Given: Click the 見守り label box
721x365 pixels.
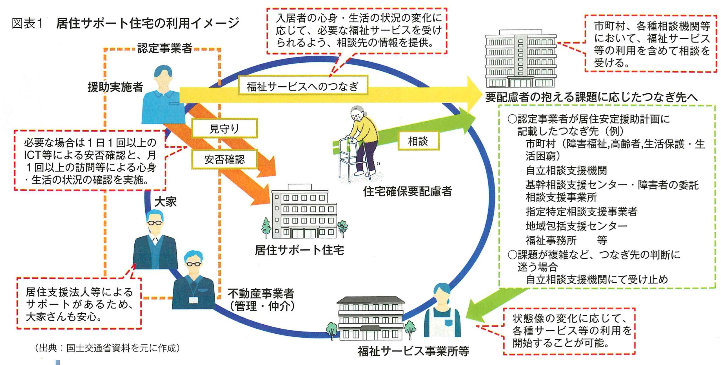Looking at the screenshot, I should pos(224,129).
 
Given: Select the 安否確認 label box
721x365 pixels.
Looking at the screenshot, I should pos(224,159).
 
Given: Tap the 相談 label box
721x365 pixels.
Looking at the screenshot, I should pos(418,141).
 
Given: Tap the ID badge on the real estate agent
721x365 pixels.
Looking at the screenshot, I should pos(193,300).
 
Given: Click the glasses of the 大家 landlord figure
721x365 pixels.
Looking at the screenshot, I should pos(155,223).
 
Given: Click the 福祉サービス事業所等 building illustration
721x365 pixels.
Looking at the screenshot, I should pos(371,319).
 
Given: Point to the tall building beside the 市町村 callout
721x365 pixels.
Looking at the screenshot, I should pos(520,59).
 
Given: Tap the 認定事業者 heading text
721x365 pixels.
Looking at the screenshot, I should pos(165,49).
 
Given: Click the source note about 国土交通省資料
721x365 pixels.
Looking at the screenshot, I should pos(107,348).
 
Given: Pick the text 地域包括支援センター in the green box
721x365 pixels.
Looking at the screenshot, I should pos(576,226).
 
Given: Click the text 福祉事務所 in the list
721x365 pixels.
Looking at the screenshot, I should pos(551,240).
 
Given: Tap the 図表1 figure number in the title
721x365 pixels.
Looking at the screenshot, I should pos(27,23).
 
